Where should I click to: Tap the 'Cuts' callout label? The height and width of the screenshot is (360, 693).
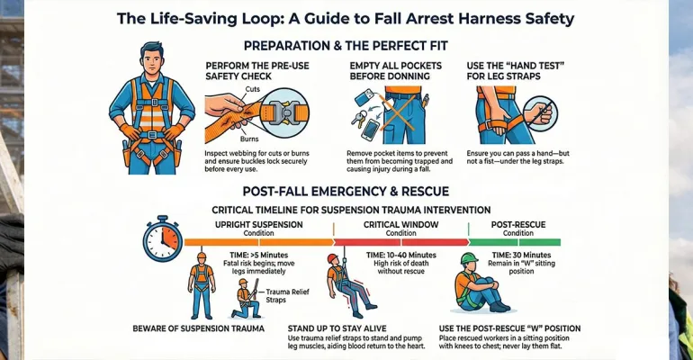[x=252, y=89]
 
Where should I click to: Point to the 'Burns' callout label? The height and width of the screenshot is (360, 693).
[x=249, y=139]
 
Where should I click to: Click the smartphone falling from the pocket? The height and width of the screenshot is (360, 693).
[x=370, y=129]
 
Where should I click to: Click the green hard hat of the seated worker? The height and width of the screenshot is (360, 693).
[x=469, y=258]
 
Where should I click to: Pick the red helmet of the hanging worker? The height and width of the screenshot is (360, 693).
[x=332, y=258]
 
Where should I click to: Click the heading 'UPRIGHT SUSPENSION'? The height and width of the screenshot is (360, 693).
[x=259, y=224]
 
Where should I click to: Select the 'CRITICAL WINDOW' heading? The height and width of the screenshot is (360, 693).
[x=400, y=224]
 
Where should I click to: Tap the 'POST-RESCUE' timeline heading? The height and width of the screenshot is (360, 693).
[x=518, y=224]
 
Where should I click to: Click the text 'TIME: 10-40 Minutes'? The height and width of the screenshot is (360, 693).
[x=401, y=256]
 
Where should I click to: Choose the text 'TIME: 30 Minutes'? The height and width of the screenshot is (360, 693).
[x=521, y=256]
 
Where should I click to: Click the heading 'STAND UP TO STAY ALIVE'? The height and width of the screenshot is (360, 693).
[x=337, y=328]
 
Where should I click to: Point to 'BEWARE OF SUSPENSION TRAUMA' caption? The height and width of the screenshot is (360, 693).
[x=198, y=328]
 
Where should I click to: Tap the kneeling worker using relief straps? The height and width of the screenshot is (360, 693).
[x=247, y=299]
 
